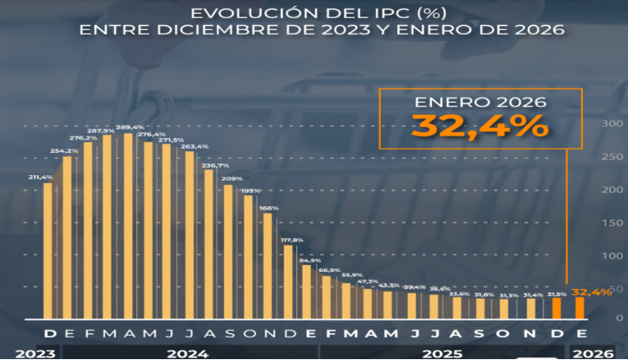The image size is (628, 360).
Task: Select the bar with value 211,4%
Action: point(48,250)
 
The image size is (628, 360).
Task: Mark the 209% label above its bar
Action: point(232,179)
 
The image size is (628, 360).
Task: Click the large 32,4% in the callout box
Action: point(480,126)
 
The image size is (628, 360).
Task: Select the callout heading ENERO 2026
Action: point(480,102)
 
